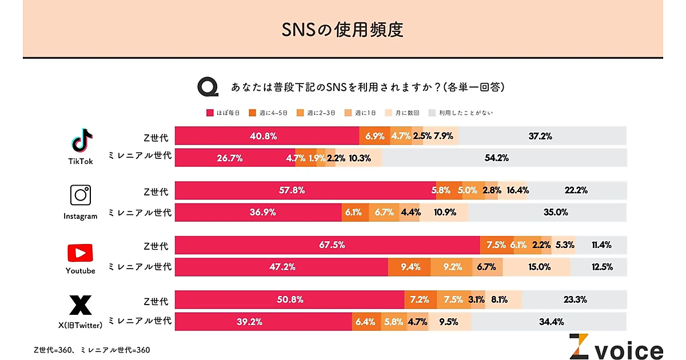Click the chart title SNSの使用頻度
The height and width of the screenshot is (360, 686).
pos(342,29)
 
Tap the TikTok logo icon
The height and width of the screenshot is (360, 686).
pos(81,141)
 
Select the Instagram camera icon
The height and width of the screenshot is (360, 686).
pos(81,195)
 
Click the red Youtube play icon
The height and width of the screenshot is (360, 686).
pos(80,253)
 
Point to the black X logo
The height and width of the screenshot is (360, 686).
pos(80,306)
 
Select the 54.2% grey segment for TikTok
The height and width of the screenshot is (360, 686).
pos(504,158)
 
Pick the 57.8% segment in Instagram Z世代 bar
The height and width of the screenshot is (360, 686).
pos(305,190)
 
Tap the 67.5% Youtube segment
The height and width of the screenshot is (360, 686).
pos(327,245)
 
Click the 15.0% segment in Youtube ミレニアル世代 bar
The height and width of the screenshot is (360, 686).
pos(536,267)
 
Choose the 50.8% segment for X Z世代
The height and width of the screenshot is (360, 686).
pos(289,299)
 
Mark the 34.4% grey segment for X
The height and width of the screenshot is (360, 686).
pos(549,322)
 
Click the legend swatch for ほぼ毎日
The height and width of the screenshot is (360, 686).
pos(210,113)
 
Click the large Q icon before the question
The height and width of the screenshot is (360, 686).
pos(208,87)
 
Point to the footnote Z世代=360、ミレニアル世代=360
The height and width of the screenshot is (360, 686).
pos(92,350)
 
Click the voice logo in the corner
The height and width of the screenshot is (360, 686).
pos(616,347)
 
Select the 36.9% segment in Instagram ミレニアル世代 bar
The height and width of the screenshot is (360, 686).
pos(258,212)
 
